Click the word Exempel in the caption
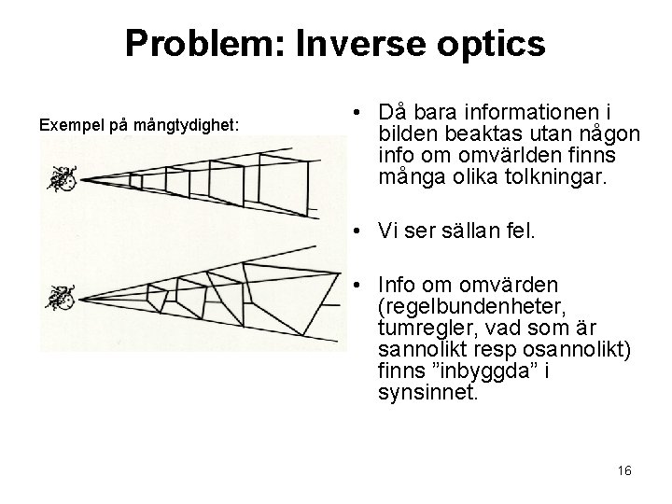68,124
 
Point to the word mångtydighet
189,124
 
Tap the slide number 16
624,471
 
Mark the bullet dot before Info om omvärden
357,285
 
